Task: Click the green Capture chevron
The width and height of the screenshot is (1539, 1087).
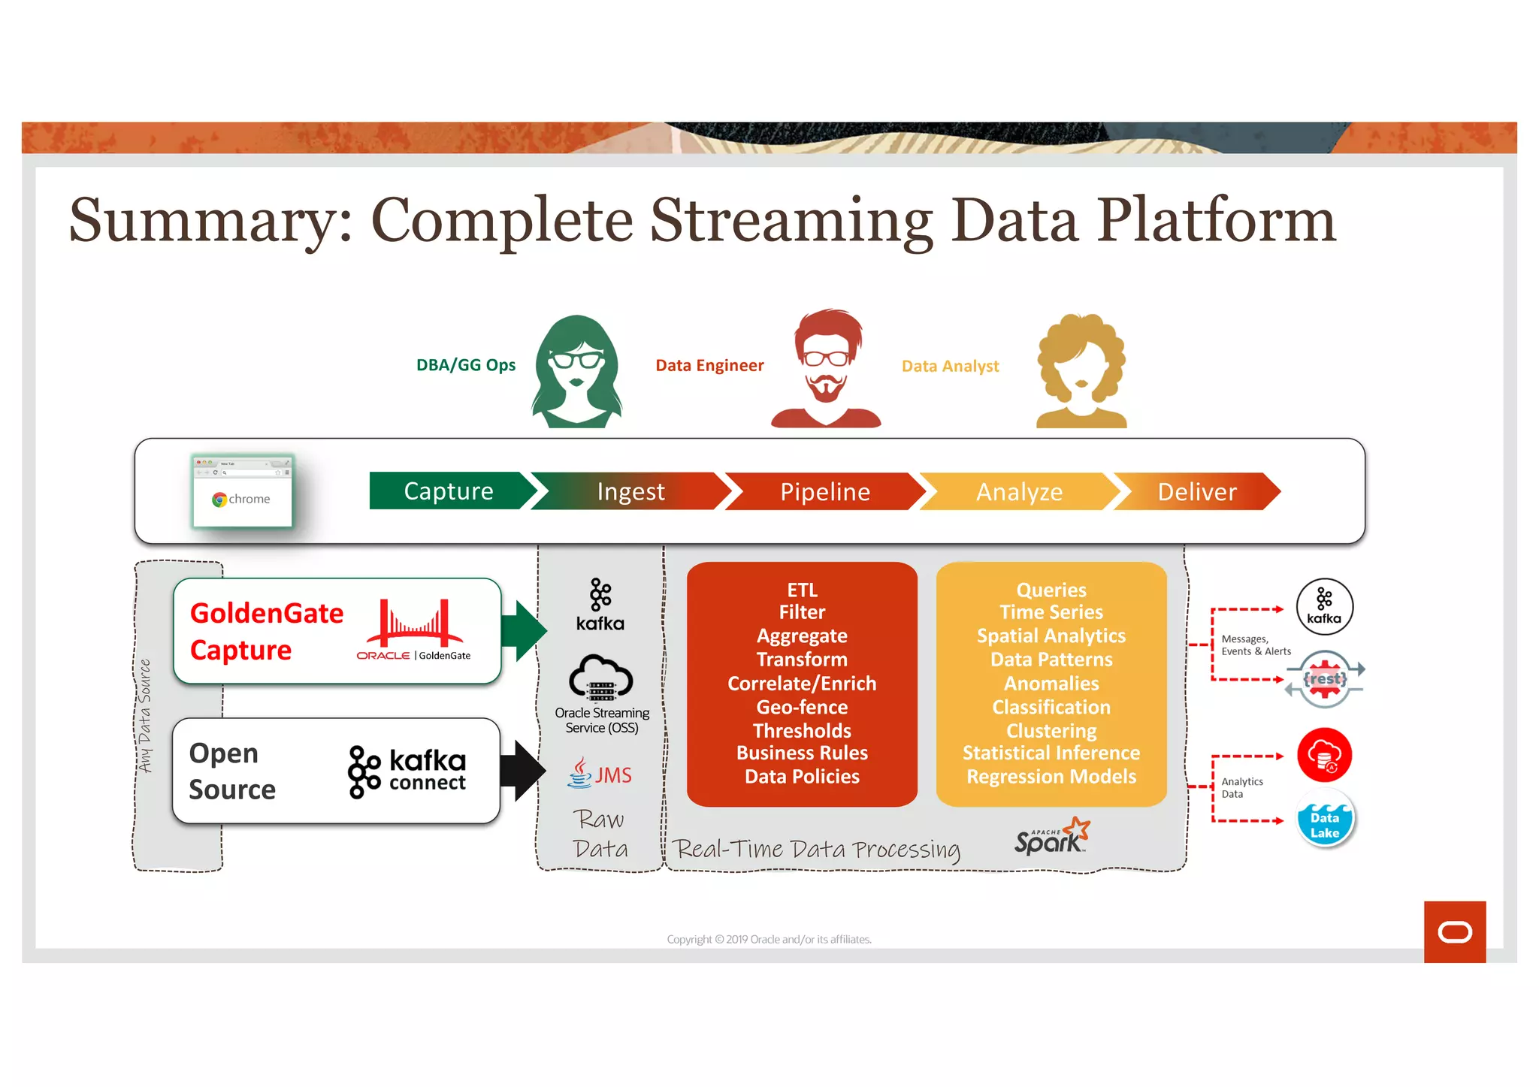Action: click(449, 491)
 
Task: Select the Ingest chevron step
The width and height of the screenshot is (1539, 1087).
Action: click(630, 492)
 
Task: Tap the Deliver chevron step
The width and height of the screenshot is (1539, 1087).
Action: click(1196, 492)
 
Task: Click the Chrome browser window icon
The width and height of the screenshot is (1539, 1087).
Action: click(242, 492)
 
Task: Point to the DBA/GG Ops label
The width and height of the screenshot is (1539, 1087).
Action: click(466, 365)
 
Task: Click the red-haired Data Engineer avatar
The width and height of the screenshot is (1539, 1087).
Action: click(826, 368)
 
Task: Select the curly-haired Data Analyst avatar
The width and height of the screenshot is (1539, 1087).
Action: click(1081, 370)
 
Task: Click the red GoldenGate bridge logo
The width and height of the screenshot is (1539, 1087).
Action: click(414, 624)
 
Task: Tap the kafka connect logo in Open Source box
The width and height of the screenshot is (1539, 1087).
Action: click(407, 771)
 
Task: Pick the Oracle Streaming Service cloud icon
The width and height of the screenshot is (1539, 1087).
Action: click(600, 678)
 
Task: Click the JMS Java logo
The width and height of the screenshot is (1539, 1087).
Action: click(600, 774)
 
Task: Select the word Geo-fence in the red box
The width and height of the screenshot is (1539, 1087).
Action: click(802, 707)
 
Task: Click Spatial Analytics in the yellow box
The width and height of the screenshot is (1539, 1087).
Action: click(1051, 636)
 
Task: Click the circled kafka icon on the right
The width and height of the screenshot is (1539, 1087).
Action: click(1324, 606)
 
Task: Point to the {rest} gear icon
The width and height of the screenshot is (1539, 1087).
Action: click(1325, 679)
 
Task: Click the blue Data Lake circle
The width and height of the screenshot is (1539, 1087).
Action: click(1325, 820)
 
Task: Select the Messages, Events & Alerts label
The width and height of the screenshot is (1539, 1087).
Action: click(1255, 645)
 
